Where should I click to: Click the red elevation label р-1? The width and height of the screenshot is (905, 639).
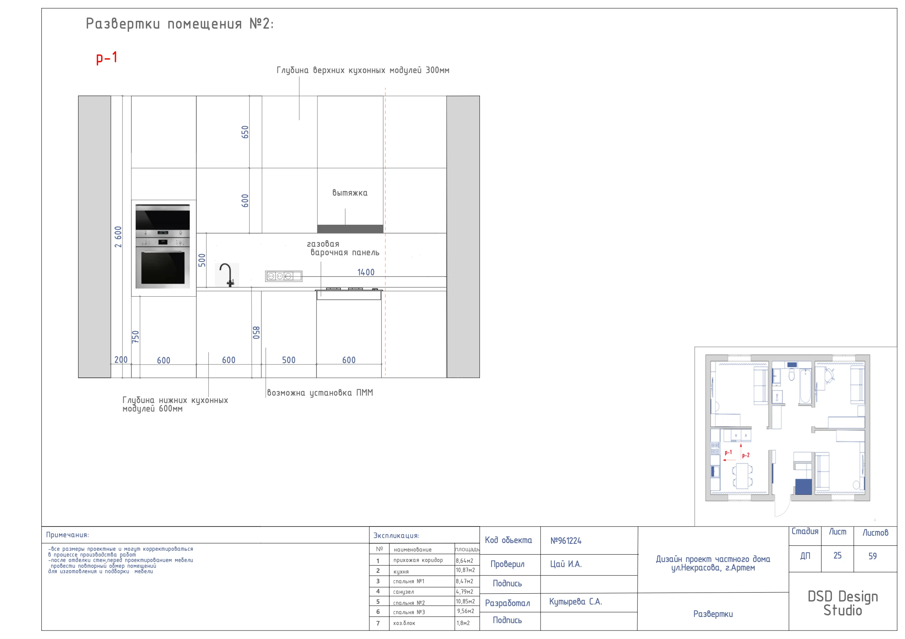coord(107,58)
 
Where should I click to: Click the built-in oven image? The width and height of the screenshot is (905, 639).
coord(163,246)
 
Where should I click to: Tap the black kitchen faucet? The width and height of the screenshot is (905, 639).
coord(227,275)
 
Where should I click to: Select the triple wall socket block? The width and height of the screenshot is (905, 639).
coord(284,276)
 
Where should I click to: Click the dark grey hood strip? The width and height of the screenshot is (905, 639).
coord(350,229)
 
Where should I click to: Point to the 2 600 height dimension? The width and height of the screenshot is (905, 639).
coord(118,237)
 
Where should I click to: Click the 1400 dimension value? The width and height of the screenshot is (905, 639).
coord(366,272)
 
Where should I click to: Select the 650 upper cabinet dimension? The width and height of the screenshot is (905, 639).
coord(245,132)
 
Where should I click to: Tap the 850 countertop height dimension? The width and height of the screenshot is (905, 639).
coord(256,333)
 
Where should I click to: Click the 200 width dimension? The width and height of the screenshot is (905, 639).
coord(121,360)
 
